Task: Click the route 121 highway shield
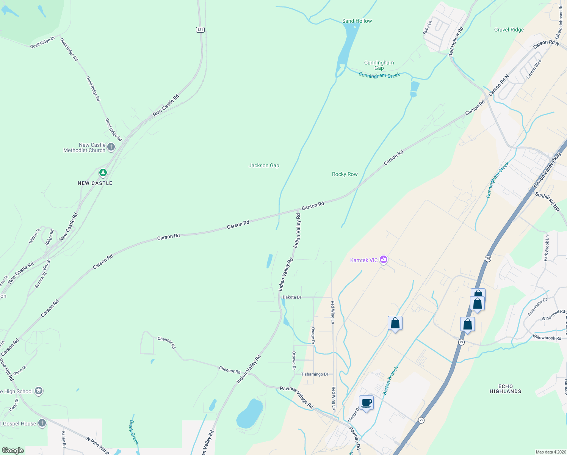coord(200,30)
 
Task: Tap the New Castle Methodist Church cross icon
coord(111,147)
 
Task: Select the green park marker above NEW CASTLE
coord(103,173)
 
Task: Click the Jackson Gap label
coord(264,165)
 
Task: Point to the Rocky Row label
coord(345,174)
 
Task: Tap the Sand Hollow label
coord(357,21)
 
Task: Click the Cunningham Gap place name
coord(379,65)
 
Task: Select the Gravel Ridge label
coord(509,30)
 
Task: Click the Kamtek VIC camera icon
coord(384,260)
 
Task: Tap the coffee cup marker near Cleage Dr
coord(366,403)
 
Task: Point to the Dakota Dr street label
coord(292,297)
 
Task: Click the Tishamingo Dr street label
coord(315,374)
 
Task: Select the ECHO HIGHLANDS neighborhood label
coord(505,389)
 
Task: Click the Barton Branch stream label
coord(390,381)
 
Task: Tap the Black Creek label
coord(134,432)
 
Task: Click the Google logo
coord(13,450)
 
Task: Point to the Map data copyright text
coord(550,452)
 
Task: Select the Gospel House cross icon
coord(42,423)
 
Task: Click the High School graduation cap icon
coord(38,391)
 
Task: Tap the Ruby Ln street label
coord(427,28)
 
